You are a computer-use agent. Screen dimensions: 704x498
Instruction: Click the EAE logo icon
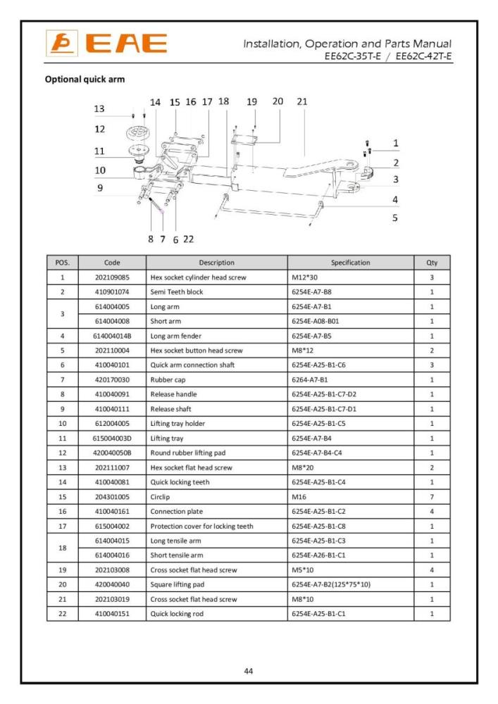[57, 44]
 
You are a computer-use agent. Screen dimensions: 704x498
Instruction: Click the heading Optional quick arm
[85, 79]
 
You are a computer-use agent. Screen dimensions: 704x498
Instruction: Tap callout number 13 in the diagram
[99, 109]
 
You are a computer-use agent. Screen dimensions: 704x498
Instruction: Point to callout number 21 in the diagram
[302, 101]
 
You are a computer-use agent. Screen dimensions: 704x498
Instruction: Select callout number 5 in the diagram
[394, 218]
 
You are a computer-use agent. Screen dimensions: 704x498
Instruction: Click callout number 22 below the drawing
[188, 239]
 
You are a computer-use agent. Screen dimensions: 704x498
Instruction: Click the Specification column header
[350, 263]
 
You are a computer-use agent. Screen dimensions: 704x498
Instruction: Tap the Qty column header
[432, 263]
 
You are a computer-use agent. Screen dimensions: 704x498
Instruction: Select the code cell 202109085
[112, 277]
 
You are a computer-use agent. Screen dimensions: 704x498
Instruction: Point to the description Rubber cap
[167, 379]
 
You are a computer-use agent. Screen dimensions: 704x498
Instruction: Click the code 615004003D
[112, 438]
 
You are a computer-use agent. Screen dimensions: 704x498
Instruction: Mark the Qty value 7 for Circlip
[432, 496]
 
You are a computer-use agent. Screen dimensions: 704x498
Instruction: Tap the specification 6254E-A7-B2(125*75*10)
[331, 584]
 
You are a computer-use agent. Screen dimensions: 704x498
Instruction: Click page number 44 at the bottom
[249, 671]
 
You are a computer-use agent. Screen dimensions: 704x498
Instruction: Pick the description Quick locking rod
[177, 614]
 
